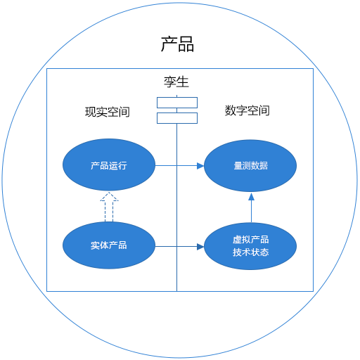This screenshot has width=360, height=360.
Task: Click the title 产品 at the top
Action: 177,44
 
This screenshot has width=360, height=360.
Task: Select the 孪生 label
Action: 176,82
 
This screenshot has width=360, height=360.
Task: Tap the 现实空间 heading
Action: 108,112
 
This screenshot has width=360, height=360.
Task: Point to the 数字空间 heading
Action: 247,110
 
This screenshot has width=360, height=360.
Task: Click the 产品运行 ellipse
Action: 109,165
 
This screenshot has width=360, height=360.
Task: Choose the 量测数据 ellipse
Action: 250,166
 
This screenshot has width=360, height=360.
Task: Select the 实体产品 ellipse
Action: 109,245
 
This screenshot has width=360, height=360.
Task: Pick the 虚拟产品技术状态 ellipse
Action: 250,246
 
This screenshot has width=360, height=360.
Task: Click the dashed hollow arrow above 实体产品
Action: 109,207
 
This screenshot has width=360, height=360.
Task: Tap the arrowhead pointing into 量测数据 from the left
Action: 200,166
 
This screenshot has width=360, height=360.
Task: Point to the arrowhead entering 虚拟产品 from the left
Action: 200,247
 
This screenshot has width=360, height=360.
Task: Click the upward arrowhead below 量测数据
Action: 251,196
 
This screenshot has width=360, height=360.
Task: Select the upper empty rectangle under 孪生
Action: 177,103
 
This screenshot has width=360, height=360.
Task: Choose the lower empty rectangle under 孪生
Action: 177,118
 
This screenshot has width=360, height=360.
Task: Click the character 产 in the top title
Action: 169,44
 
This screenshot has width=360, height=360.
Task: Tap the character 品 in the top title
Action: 186,44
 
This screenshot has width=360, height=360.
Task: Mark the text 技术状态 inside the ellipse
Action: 251,252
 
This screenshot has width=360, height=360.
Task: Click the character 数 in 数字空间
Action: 230,110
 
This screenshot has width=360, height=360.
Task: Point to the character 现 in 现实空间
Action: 91,112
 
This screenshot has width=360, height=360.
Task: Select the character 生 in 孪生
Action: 183,82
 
